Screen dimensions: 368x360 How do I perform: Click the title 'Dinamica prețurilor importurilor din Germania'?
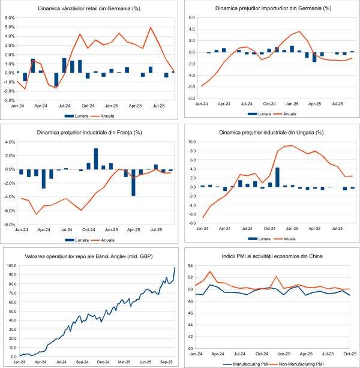point(271,10)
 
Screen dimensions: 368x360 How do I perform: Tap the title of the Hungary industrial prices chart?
point(271,132)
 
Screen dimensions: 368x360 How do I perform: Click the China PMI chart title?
point(271,256)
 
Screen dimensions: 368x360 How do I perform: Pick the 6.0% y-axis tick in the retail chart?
point(10,18)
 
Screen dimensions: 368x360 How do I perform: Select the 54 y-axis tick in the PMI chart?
point(190,265)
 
